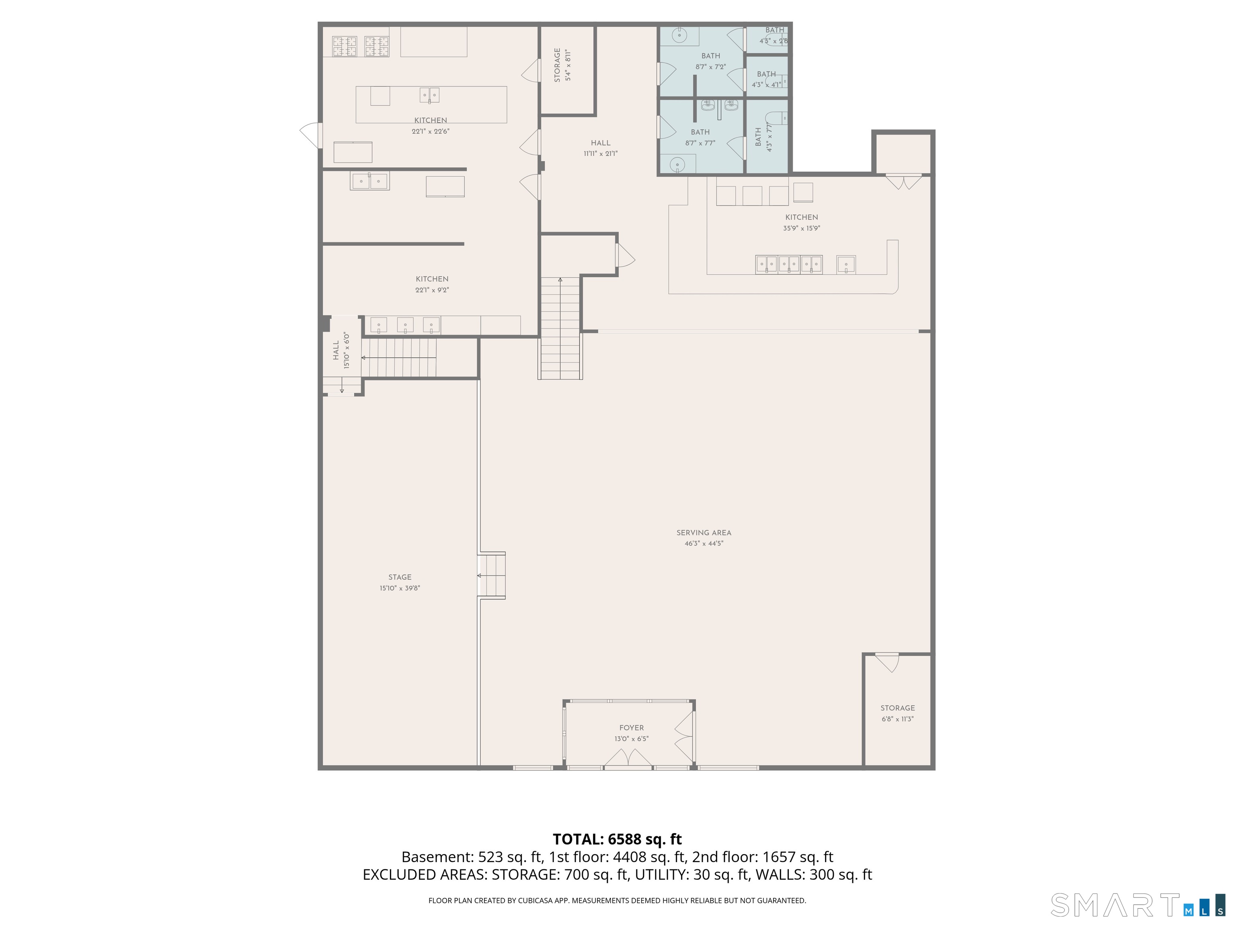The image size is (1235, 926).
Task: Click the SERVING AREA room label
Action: click(704, 533)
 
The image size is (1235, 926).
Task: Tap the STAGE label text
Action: click(400, 577)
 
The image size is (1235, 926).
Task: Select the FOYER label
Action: click(632, 728)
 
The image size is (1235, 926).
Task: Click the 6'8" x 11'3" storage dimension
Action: click(897, 719)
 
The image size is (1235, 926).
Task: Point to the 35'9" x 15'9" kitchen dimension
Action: click(801, 228)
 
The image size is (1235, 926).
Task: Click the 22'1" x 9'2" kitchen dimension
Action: click(432, 290)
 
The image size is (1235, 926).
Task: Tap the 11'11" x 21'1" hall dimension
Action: click(601, 154)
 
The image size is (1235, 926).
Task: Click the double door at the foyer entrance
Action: click(628, 758)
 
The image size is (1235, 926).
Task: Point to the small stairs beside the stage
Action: click(491, 576)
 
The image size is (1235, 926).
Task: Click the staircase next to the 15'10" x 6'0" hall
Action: click(399, 358)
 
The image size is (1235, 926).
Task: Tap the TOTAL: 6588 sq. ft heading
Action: click(617, 840)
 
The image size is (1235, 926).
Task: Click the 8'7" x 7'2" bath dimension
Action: click(710, 67)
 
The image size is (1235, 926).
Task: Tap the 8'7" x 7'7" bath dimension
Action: click(700, 143)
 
